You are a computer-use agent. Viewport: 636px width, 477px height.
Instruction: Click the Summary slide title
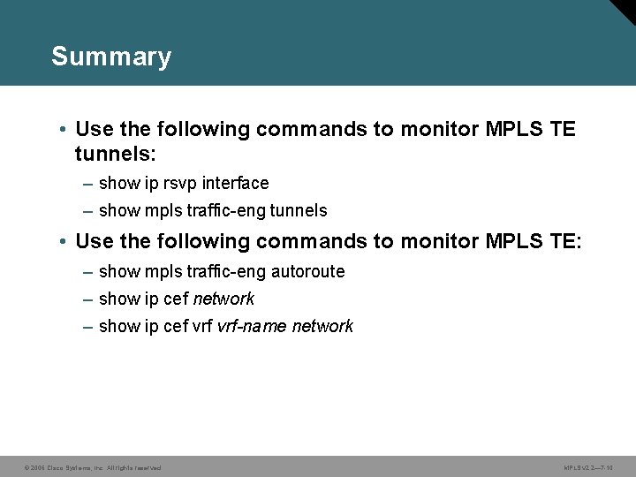[x=111, y=57]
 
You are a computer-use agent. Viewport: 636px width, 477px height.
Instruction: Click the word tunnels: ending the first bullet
[x=116, y=155]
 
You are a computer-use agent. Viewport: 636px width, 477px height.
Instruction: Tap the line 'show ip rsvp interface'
[x=184, y=184]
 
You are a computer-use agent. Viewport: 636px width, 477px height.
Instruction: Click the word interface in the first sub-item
[x=235, y=184]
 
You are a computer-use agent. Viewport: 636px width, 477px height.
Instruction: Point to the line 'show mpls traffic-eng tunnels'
[x=213, y=211]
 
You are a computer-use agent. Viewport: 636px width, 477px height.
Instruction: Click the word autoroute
[x=309, y=271]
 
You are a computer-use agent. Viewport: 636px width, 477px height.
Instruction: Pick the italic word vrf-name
[x=252, y=327]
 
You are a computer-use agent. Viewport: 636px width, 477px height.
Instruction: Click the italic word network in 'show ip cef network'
[x=223, y=299]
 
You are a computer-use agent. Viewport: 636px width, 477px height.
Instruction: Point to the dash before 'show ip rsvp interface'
[x=88, y=184]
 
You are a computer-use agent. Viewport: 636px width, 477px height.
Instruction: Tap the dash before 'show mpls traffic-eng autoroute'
[x=88, y=271]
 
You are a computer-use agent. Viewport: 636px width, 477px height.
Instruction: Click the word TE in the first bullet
[x=563, y=130]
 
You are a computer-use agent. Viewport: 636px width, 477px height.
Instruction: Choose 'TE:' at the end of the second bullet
[x=566, y=241]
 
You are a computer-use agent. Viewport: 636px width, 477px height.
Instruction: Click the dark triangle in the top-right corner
[x=625, y=10]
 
